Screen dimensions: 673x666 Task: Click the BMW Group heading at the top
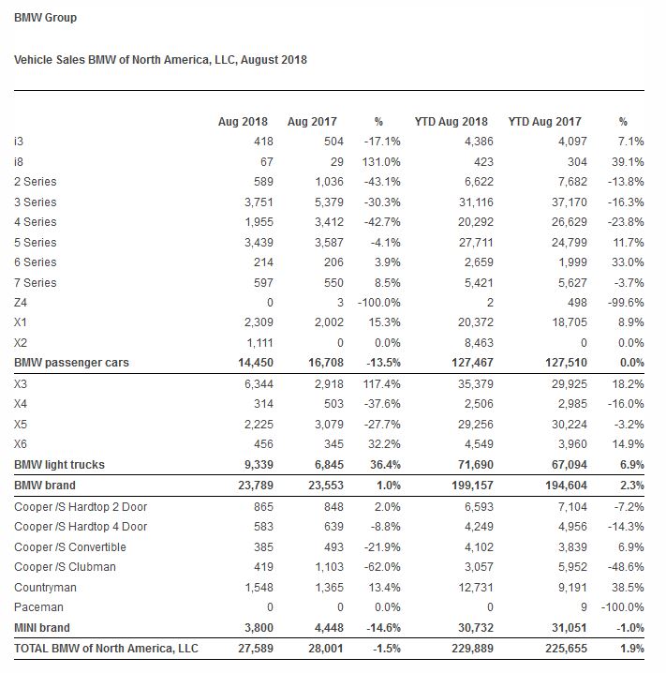[46, 18]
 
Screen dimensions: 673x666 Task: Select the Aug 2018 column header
[243, 122]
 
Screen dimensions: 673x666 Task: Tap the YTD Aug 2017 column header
[544, 122]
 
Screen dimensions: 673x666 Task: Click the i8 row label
[20, 161]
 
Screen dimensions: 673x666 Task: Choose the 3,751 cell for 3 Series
[253, 202]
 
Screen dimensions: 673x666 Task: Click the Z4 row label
[22, 303]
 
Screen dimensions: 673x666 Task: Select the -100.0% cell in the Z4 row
[378, 303]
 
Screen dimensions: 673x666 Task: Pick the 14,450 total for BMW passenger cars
[250, 363]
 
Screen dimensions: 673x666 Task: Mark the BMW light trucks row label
[59, 465]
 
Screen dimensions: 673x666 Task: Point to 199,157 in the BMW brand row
[465, 486]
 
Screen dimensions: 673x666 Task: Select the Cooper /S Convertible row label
[70, 547]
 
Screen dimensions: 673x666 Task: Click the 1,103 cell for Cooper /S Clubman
[318, 567]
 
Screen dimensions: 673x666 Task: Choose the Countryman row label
[46, 588]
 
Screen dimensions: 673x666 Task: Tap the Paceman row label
[39, 607]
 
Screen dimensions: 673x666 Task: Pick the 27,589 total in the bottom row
[250, 649]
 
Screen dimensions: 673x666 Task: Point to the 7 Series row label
[36, 282]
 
